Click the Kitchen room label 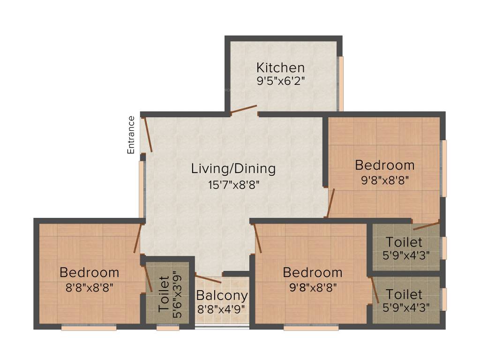[280, 67]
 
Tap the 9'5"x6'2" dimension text [280, 81]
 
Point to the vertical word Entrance [131, 135]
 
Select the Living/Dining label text [233, 169]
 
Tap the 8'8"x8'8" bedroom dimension [89, 287]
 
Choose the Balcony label [222, 296]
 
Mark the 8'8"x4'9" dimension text [222, 309]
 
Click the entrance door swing [148, 135]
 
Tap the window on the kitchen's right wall [341, 83]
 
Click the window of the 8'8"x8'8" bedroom [89, 328]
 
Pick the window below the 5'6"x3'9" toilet [167, 328]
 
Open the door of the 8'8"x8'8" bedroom [137, 238]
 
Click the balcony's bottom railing [222, 328]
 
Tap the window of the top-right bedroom [444, 168]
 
